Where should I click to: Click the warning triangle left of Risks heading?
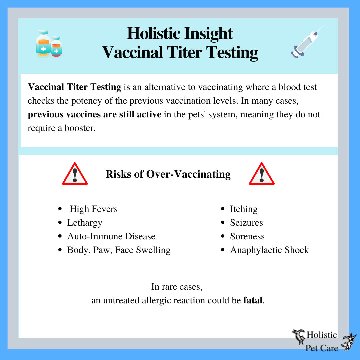(75, 174)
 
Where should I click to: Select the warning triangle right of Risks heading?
(261, 174)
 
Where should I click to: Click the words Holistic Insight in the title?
(180, 34)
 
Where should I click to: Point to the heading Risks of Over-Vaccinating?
(168, 174)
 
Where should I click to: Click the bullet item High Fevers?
(93, 209)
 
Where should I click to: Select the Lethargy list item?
(85, 223)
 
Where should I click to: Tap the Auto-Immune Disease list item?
(111, 236)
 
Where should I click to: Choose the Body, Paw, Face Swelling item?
(119, 250)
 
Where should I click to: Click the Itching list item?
(244, 209)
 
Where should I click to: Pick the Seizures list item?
(246, 223)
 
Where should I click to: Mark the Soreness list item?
(247, 236)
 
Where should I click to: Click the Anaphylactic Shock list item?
(269, 250)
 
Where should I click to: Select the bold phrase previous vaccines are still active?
(95, 115)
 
